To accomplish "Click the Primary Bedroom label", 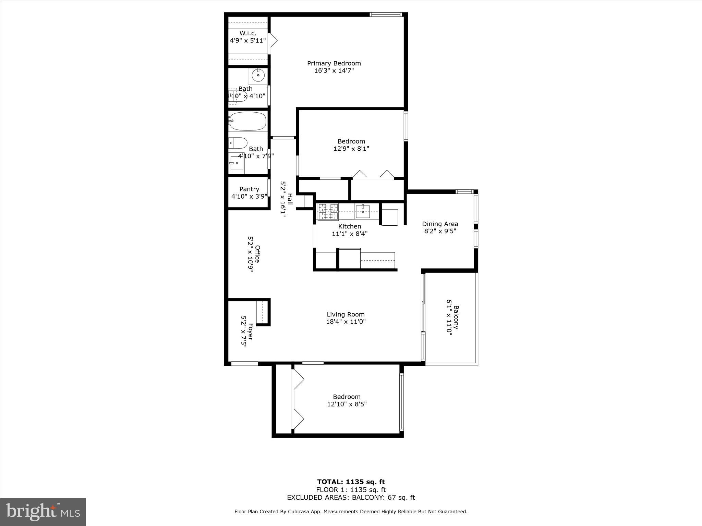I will click(334, 63).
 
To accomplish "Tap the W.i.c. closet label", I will click(247, 33).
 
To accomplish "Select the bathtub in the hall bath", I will click(248, 121).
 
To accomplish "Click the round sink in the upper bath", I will click(258, 75).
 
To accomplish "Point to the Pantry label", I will click(249, 189).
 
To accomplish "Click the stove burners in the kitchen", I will click(328, 212).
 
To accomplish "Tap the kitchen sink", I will click(362, 211).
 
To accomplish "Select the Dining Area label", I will click(440, 224).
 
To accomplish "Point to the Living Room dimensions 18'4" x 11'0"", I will click(346, 322).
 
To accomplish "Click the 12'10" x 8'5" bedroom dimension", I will click(347, 404).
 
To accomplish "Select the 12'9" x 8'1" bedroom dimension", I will click(351, 149).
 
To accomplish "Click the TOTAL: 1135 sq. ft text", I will click(351, 482).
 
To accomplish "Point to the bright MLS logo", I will click(43, 512).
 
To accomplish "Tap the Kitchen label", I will click(349, 226).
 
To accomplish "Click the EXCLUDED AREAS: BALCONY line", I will click(351, 498).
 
